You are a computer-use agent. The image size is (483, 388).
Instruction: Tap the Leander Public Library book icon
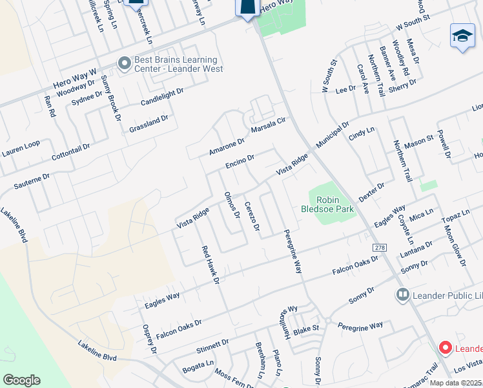coord(403,295)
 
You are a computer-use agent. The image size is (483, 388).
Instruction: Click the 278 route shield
coord(379,248)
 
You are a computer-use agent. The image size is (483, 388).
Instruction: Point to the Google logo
coord(21,380)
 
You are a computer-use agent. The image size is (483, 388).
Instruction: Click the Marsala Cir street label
coord(268,123)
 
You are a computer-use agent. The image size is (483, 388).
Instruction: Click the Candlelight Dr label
coord(162,97)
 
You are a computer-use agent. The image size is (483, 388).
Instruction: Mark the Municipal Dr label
coord(333,134)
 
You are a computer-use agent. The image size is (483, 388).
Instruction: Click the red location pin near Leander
coord(445,347)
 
